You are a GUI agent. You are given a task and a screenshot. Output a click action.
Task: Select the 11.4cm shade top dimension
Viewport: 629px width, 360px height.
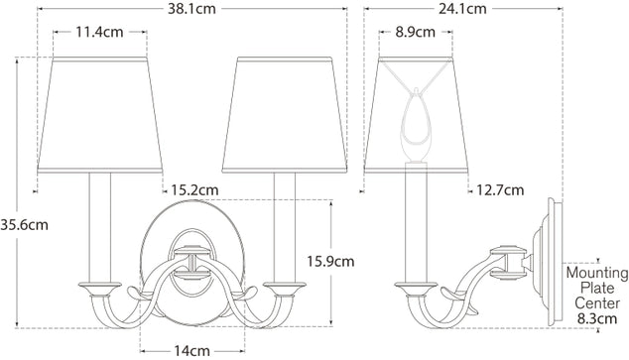[99, 32]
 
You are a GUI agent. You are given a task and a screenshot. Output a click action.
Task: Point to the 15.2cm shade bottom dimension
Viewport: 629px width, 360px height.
[193, 189]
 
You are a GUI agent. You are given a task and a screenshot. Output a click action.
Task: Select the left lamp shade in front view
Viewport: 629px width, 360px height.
[99, 119]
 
